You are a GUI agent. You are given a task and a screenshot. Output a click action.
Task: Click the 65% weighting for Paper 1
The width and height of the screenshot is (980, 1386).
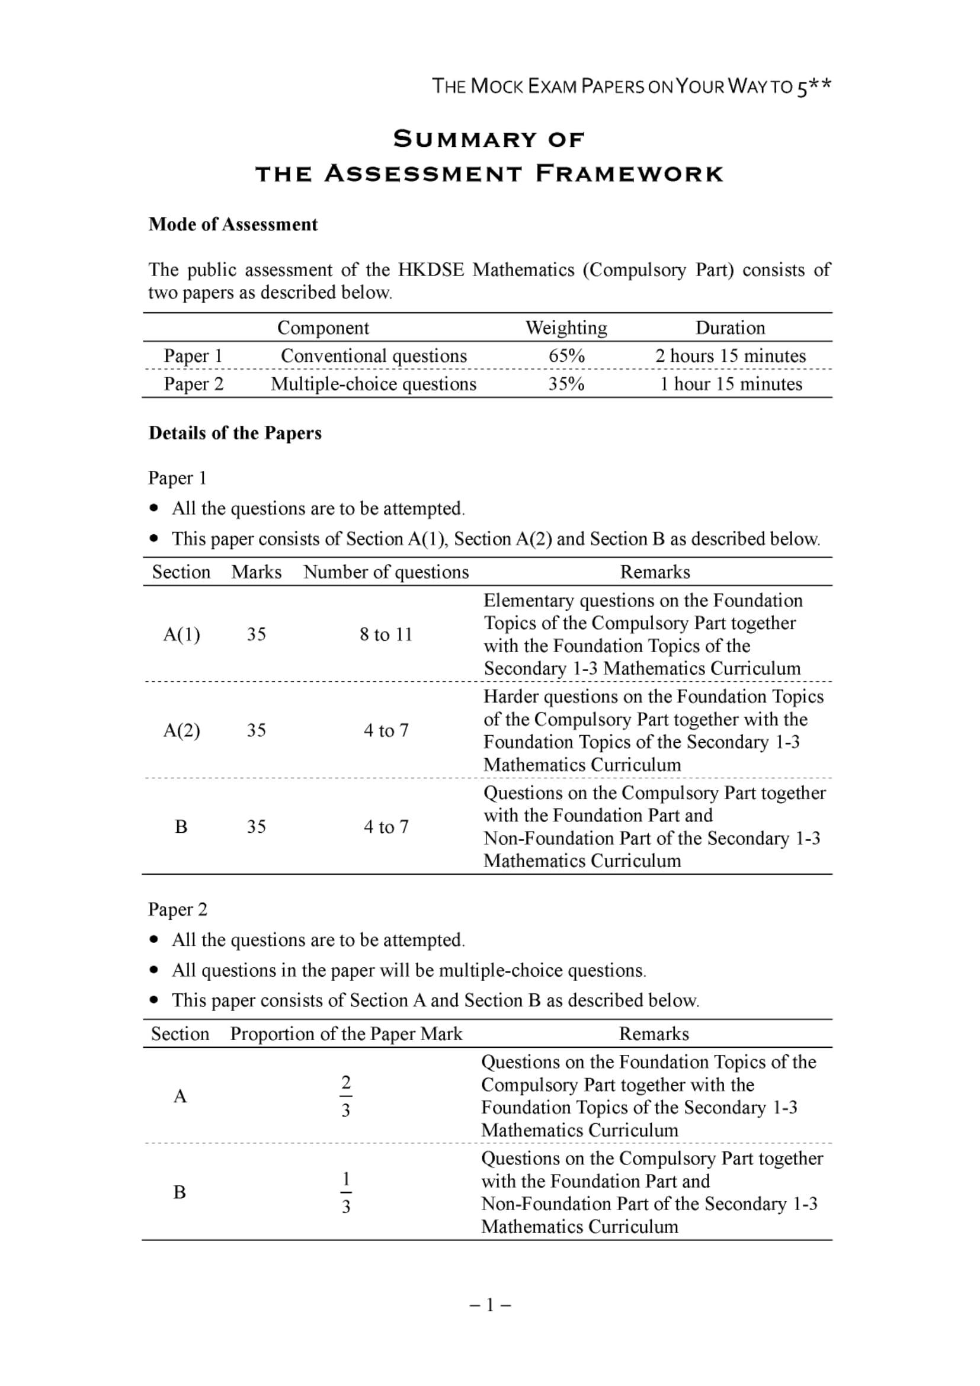[x=566, y=355]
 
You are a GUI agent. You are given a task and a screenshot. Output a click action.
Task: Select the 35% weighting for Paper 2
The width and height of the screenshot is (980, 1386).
[x=566, y=384]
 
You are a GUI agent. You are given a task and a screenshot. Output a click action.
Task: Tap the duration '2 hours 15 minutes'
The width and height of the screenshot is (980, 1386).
[x=730, y=355]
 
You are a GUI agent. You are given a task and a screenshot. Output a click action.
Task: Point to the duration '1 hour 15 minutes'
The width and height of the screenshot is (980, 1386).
[x=730, y=384]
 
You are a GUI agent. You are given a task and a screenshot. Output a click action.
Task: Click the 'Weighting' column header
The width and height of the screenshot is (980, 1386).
[x=566, y=328]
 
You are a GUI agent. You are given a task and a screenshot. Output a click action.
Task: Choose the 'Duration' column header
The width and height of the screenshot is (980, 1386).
[x=730, y=328]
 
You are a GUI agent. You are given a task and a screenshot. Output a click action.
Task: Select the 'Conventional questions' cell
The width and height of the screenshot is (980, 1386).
[x=374, y=355]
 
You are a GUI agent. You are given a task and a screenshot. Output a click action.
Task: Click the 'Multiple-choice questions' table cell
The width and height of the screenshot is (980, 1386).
[x=373, y=384]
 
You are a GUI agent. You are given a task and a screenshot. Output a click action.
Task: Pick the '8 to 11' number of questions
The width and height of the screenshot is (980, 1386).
[x=386, y=634]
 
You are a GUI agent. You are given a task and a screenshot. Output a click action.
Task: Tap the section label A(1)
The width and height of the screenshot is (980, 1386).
[x=181, y=634]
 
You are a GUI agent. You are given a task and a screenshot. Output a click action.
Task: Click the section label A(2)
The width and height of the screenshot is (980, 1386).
[x=181, y=730]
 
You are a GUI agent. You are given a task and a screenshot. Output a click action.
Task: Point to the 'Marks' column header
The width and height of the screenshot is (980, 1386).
[x=256, y=572]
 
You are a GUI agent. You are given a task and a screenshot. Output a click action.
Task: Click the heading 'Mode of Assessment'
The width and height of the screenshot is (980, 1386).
[x=233, y=224]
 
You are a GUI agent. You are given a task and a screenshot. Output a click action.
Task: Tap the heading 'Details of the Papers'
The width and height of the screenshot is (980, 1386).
[x=235, y=433]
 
